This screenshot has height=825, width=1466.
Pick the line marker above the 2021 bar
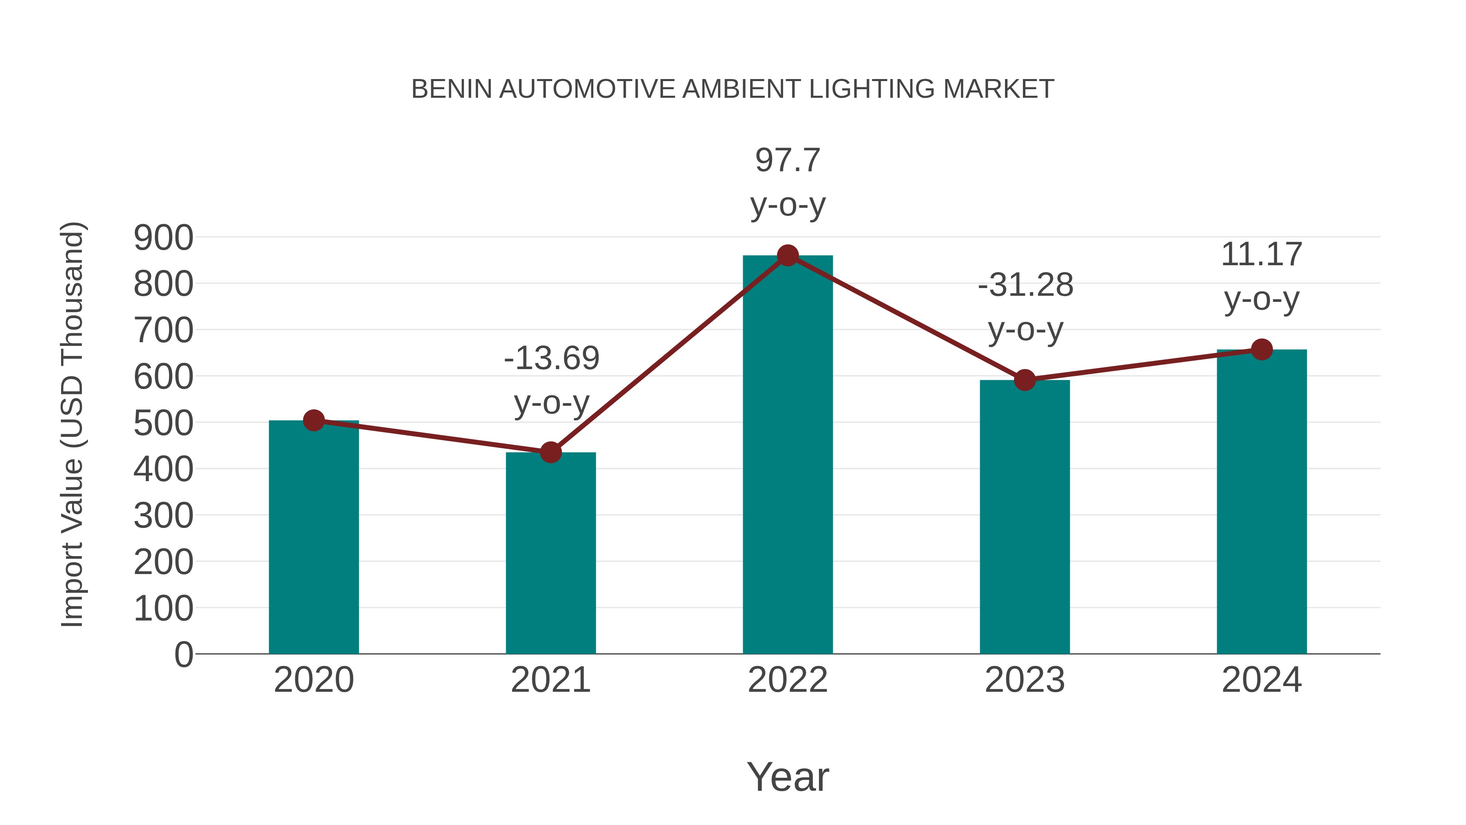point(550,452)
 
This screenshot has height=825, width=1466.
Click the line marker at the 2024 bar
point(1262,349)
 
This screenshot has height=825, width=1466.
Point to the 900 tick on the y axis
point(163,238)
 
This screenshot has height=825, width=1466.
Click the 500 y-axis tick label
point(163,424)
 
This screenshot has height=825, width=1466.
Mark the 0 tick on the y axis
point(183,654)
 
